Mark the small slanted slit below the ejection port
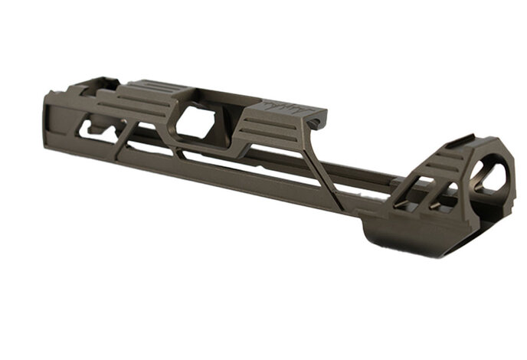click(184, 154)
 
